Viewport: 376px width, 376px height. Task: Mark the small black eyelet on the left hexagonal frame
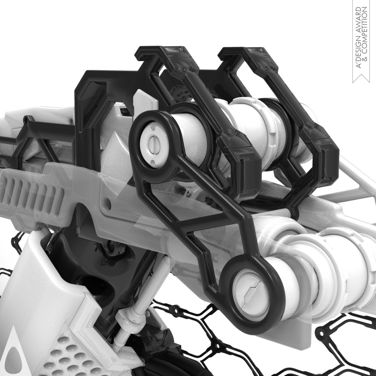pos(27,119)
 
